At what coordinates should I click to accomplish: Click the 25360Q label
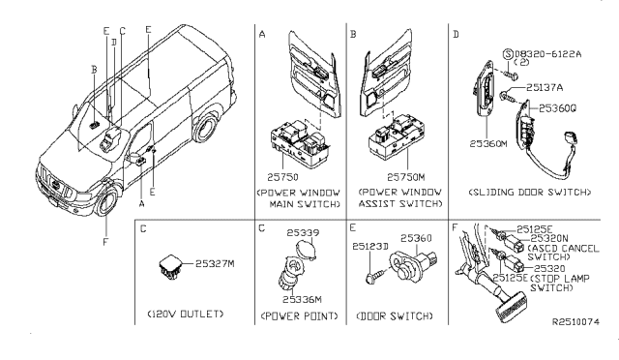coord(557,108)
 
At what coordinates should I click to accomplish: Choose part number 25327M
coord(217,262)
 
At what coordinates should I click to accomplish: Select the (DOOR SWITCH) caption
coord(394,315)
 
